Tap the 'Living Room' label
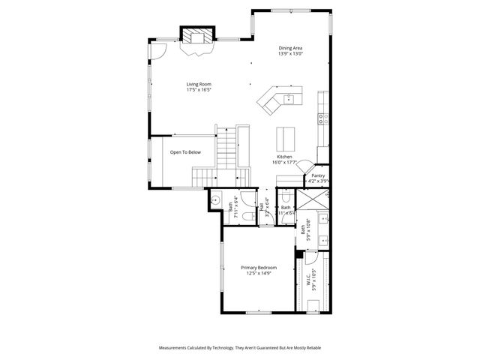199,84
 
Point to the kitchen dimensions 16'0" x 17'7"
285,162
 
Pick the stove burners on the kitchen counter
322,117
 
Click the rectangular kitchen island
286,138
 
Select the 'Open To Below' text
184,152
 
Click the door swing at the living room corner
158,50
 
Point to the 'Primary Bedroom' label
258,268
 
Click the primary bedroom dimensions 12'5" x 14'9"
258,274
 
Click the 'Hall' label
262,208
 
